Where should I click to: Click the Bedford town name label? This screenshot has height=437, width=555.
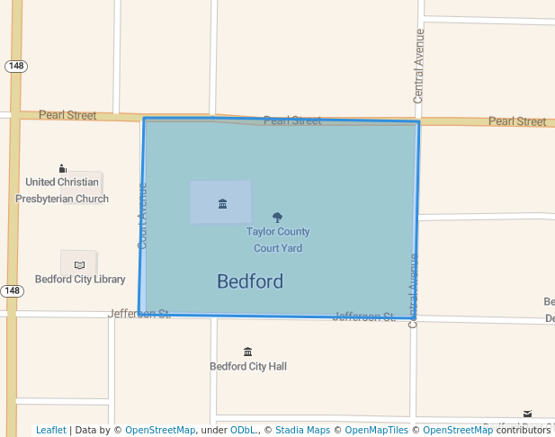250,281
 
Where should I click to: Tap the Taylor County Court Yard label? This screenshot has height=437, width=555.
278,240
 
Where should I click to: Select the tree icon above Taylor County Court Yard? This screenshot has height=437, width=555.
277,217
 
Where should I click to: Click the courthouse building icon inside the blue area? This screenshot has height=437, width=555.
222,204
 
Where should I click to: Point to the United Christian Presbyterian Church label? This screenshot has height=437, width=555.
62,191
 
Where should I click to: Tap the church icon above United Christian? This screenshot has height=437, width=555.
62,168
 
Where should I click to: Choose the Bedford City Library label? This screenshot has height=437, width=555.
80,280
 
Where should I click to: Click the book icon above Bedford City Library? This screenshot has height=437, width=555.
79,264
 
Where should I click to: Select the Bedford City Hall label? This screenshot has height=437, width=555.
248,367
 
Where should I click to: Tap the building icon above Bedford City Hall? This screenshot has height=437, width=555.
248,352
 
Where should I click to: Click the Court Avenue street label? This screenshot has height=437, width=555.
142,216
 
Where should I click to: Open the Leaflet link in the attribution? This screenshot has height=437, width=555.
50,431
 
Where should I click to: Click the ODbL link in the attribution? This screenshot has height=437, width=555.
242,431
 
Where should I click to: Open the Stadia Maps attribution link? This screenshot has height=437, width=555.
302,431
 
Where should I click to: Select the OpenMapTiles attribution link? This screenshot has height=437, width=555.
377,431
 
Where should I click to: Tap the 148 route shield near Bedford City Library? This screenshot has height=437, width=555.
12,291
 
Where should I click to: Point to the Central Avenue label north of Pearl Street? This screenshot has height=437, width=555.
418,65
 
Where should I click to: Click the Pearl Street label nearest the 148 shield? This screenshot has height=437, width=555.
68,115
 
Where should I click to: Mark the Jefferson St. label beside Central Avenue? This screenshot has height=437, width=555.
363,317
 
